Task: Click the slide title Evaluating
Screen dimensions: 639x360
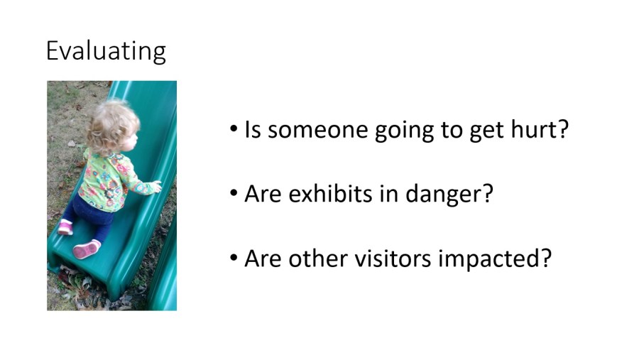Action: [x=106, y=51]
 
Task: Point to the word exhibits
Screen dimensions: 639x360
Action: [x=330, y=193]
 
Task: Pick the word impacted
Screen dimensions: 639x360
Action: [x=489, y=260]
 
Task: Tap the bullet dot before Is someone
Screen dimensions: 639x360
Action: [x=234, y=129]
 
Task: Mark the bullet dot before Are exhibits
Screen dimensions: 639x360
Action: [x=234, y=193]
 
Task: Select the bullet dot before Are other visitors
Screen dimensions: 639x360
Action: [x=234, y=258]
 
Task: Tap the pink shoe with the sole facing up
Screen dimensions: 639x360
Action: [x=87, y=249]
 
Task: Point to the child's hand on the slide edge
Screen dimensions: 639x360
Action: [x=156, y=186]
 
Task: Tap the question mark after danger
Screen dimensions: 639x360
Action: [x=487, y=193]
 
